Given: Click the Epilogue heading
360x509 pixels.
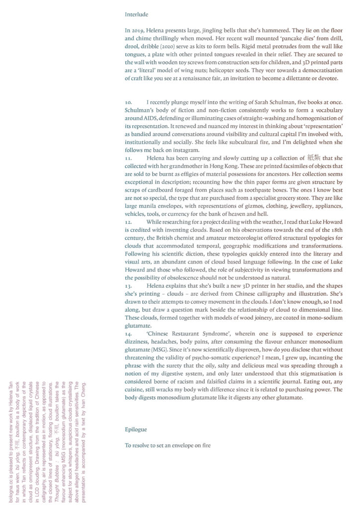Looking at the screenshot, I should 136,428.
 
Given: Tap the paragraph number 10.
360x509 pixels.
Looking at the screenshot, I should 129,102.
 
